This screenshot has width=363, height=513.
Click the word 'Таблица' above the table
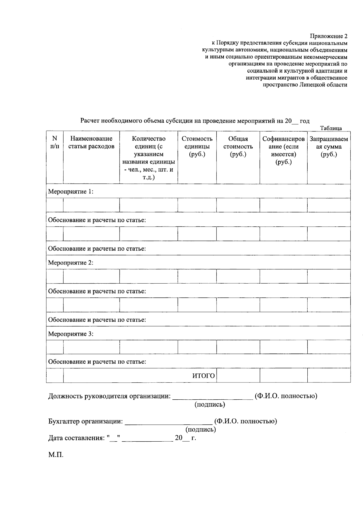[331, 128]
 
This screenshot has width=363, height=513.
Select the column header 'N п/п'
[55, 143]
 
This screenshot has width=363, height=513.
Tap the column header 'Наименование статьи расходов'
[91, 143]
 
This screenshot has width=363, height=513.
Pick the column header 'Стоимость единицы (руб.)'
[197, 147]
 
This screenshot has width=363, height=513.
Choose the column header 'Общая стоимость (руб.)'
[238, 147]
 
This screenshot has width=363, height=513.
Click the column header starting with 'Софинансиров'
[283, 151]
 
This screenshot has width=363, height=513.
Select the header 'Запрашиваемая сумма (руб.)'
[329, 147]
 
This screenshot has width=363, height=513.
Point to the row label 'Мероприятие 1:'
[71, 192]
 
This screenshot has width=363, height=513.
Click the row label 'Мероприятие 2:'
[71, 262]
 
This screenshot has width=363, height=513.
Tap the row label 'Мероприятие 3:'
[71, 334]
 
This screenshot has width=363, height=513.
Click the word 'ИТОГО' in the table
[204, 376]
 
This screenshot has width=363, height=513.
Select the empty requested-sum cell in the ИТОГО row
[329, 376]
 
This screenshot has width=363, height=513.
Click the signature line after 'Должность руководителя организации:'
[213, 398]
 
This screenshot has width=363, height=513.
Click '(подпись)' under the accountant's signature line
[201, 430]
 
